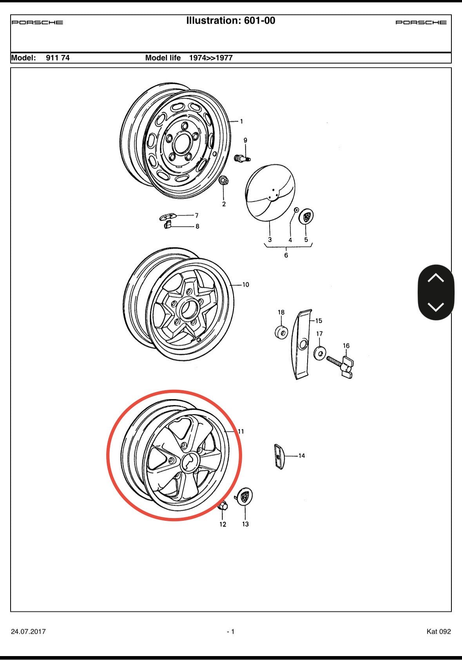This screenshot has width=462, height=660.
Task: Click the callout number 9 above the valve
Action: point(245,140)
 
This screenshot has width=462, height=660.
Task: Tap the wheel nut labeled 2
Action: point(223,180)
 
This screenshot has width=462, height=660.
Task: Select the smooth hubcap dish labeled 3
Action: point(270,193)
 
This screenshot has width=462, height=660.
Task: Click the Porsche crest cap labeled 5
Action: point(306,217)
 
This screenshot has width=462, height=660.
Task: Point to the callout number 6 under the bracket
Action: point(286,255)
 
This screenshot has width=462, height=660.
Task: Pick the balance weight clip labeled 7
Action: point(168,217)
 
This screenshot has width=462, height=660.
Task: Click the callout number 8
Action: point(197,226)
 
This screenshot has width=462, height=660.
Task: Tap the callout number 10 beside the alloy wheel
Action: point(246,285)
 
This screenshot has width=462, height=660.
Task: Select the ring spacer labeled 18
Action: point(281,333)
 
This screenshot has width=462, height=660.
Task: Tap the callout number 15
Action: point(319,320)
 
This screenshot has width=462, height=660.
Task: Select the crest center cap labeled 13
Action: point(245,496)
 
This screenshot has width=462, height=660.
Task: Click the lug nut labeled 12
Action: point(223,506)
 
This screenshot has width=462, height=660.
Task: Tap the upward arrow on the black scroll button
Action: point(436,278)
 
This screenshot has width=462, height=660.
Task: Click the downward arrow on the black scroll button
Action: point(436,307)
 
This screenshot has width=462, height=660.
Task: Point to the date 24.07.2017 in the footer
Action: point(28,631)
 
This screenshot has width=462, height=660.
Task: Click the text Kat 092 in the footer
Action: point(439,631)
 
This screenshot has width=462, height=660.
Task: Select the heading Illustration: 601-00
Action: point(231,21)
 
